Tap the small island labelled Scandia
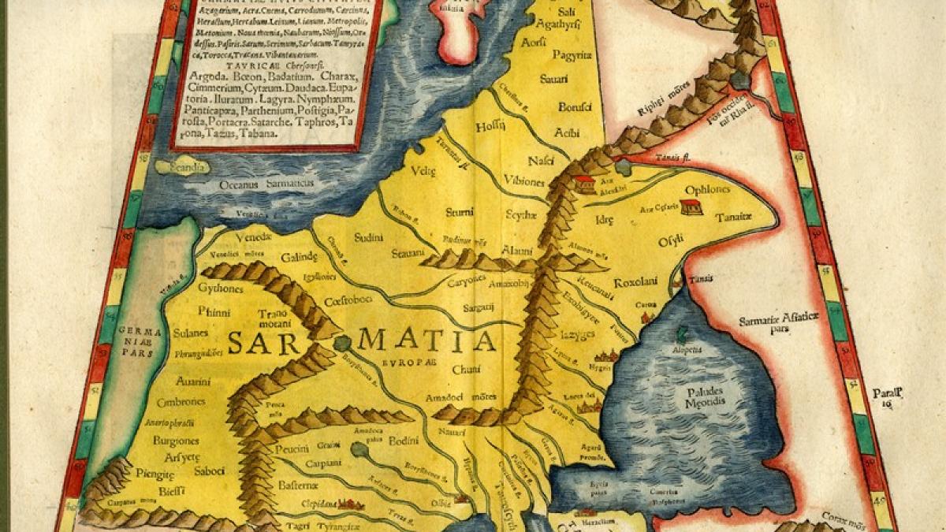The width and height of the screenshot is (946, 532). point(181,166)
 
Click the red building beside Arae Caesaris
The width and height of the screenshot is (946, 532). point(691,207)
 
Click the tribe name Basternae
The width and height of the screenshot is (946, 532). point(298,486)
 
